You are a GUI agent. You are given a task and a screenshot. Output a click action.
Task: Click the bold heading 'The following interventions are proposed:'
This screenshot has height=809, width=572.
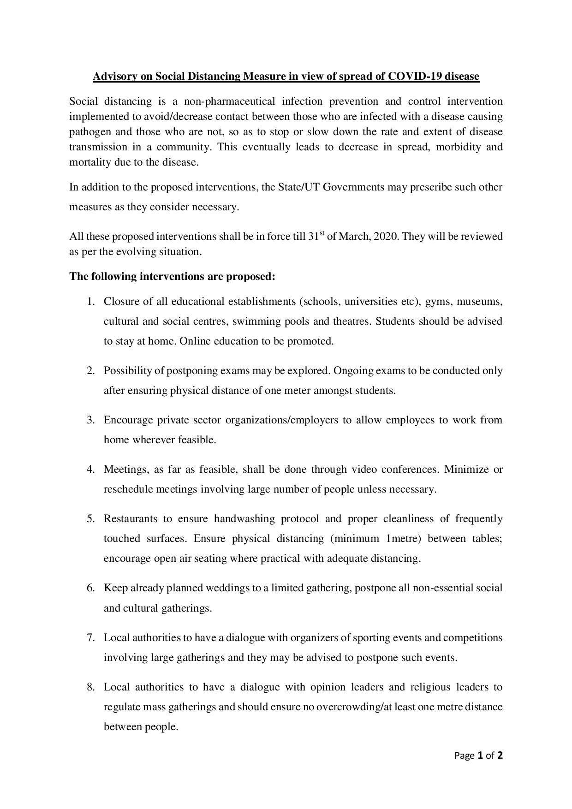(x=172, y=277)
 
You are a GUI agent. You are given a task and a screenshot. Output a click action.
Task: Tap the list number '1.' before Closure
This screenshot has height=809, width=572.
(x=91, y=302)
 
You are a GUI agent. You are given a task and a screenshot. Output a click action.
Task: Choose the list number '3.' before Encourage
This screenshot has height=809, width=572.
(x=91, y=420)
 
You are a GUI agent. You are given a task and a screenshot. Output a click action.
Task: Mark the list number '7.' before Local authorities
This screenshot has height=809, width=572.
(x=91, y=638)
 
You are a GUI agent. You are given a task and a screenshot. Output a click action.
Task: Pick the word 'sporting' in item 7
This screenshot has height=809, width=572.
(x=371, y=638)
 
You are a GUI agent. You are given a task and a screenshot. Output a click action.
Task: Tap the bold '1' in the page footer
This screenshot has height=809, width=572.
(x=480, y=755)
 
